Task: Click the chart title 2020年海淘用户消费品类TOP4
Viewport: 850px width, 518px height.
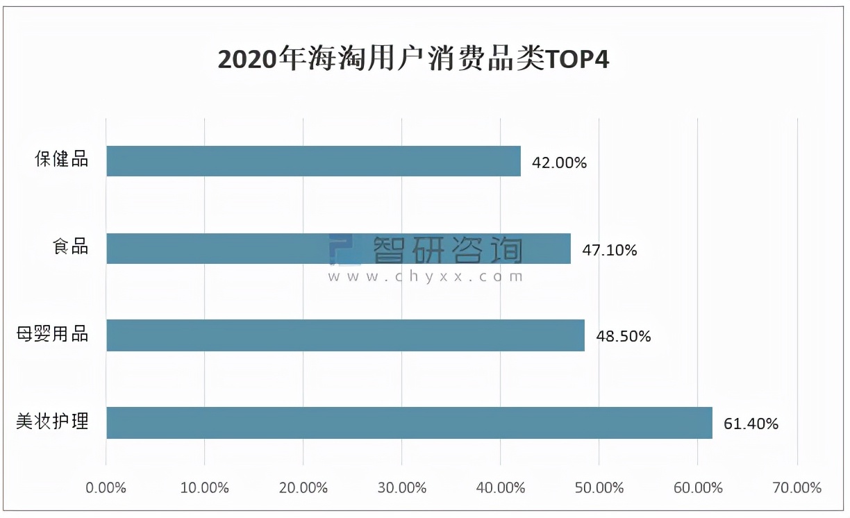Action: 413,60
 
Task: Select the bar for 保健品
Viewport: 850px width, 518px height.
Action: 313,161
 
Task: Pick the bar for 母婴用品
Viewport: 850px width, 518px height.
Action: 345,335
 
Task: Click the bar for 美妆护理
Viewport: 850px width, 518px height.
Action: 409,423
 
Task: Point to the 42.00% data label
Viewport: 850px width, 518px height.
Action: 559,163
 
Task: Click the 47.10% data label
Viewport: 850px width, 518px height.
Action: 609,250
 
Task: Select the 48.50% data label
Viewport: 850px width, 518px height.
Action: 623,337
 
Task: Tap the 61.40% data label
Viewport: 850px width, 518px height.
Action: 751,424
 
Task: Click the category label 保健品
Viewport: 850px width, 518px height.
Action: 62,159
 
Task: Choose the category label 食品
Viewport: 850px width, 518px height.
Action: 71,246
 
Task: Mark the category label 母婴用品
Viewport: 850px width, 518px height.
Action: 53,334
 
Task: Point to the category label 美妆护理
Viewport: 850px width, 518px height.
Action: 53,421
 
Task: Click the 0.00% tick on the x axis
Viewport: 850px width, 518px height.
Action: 106,487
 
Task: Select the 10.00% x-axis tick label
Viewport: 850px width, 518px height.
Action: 204,487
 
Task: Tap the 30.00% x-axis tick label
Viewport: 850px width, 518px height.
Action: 402,487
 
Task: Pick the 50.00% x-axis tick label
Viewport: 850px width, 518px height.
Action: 599,487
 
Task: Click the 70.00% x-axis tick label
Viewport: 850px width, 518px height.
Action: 797,487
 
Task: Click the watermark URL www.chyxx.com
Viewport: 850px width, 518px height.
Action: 426,276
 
